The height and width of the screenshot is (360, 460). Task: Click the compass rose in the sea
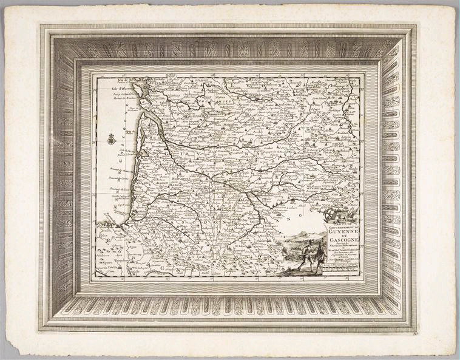(x=111, y=140)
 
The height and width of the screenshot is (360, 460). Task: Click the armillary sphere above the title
(x=332, y=213)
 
